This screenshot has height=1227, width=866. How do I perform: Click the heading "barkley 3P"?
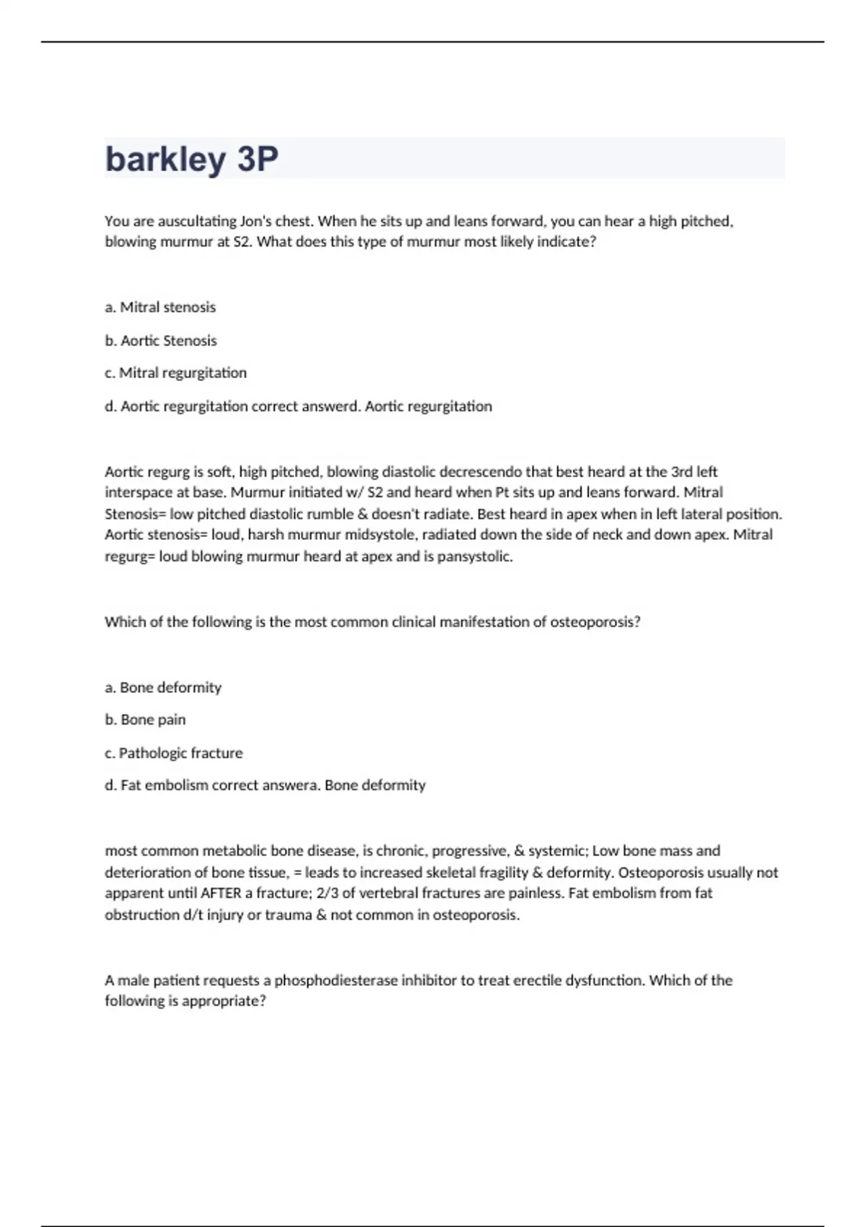(191, 159)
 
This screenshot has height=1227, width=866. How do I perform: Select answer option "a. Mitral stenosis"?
(160, 307)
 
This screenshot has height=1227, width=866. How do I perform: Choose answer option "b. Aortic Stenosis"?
(161, 341)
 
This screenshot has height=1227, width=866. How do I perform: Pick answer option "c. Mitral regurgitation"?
(175, 373)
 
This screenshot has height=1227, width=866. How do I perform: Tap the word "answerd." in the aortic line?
(331, 406)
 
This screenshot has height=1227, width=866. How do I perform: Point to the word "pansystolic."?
(475, 556)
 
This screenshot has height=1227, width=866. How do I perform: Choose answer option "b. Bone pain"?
(145, 720)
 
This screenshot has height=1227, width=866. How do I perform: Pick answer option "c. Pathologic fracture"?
(174, 753)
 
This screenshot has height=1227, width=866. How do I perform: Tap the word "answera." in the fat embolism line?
(296, 785)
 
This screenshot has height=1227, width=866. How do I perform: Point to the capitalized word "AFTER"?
(221, 893)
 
